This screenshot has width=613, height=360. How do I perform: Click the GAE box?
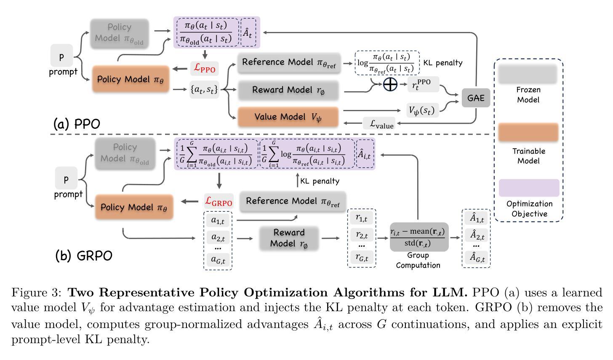(x=476, y=98)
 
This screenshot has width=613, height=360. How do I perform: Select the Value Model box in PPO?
(x=288, y=117)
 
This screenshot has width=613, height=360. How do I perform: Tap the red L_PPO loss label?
(x=205, y=69)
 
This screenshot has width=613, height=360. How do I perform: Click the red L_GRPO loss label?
(x=219, y=202)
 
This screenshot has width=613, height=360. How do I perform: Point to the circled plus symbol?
(x=390, y=84)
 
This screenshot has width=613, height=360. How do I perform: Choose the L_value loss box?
(x=379, y=124)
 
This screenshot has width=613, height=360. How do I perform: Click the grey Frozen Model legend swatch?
(x=528, y=74)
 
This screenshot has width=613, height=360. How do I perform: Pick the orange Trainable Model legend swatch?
(x=528, y=132)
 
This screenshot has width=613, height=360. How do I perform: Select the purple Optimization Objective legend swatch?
(x=529, y=188)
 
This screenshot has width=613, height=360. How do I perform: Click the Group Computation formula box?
(x=419, y=237)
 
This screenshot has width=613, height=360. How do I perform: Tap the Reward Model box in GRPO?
(x=289, y=238)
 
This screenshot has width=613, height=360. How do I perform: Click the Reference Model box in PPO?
(x=289, y=63)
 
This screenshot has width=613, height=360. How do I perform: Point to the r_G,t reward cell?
(x=362, y=257)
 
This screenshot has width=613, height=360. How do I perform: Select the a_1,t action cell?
(x=218, y=221)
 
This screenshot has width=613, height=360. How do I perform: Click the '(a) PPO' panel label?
(x=77, y=124)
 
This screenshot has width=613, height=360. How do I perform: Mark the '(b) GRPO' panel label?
(x=84, y=256)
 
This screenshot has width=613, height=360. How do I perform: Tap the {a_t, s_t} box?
(x=205, y=89)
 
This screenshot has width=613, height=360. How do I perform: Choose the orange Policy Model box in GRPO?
(x=134, y=207)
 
